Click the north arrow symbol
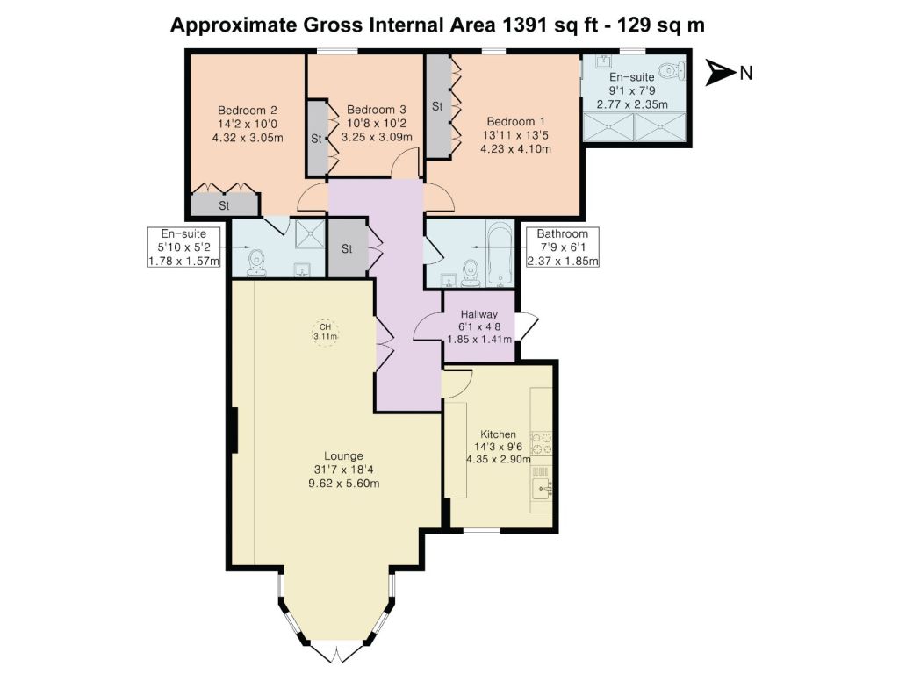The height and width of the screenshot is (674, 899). [720, 72]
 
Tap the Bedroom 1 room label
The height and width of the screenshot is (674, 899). [515, 121]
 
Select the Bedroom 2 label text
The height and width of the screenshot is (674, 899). [248, 110]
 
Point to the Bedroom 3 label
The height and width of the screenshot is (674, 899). [377, 110]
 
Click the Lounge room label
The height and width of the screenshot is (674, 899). [343, 456]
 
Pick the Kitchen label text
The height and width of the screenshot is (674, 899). [499, 434]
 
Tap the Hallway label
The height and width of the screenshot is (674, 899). [479, 314]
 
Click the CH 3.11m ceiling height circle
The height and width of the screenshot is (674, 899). [325, 332]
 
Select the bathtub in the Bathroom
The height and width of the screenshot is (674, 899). [500, 255]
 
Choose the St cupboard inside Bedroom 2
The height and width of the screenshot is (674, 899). [224, 205]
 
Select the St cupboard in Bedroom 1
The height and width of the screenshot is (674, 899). [438, 106]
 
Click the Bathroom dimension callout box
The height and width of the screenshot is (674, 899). [563, 247]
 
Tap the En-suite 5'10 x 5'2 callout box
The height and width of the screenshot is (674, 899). [183, 247]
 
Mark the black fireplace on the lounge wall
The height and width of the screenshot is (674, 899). [234, 430]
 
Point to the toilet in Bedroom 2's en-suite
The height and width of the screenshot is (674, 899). [256, 263]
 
